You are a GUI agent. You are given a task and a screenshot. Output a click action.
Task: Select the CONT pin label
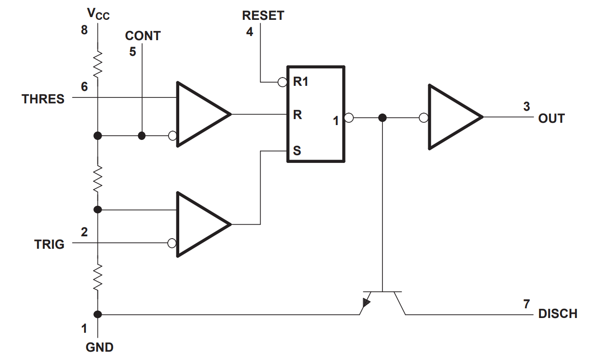click(x=142, y=36)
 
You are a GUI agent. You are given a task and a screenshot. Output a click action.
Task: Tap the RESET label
click(x=263, y=15)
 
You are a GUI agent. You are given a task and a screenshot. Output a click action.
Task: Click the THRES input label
click(x=43, y=99)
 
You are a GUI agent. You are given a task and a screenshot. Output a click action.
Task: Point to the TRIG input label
click(x=49, y=244)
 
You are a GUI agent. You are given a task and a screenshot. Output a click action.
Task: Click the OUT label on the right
click(x=551, y=119)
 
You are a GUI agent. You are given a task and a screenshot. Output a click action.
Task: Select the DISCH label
click(x=557, y=314)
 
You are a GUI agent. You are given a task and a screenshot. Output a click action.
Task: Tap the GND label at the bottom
click(x=99, y=347)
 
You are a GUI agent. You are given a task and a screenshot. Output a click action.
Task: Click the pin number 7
click(x=526, y=304)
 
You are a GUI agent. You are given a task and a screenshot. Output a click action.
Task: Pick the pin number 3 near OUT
click(x=527, y=107)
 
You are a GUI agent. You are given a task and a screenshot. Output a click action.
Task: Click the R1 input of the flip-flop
click(x=300, y=83)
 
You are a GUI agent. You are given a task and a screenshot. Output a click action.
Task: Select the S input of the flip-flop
click(x=297, y=151)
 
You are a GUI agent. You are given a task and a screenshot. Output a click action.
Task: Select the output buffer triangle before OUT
click(x=451, y=117)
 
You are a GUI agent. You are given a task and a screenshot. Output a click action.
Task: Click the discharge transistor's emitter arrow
click(x=366, y=303)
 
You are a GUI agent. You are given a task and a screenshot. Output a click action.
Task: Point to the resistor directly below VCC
click(x=97, y=65)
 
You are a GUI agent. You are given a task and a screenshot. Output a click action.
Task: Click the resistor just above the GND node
click(x=97, y=277)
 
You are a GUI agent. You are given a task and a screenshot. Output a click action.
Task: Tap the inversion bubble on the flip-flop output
click(x=349, y=118)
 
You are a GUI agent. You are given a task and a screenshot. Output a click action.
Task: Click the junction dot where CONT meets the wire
click(x=142, y=136)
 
